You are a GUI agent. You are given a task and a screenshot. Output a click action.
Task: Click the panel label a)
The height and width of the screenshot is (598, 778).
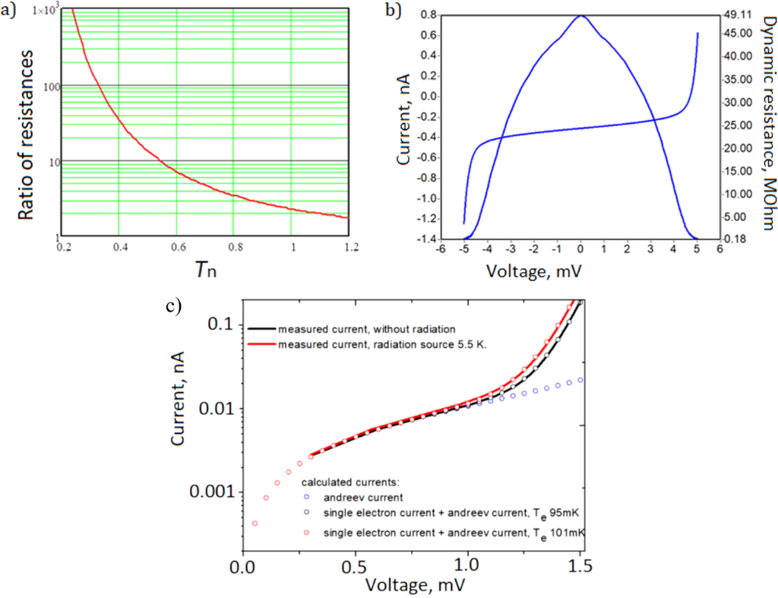pos(10,11)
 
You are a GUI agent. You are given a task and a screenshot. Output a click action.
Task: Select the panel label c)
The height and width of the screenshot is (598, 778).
pos(175,306)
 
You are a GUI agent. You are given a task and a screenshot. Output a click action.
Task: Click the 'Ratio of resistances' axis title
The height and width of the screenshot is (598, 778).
pos(28,125)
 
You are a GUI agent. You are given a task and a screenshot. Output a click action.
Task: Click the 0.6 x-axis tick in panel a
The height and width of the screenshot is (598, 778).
pos(176,248)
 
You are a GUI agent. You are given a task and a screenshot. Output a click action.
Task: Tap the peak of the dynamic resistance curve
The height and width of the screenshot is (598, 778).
pos(580,15)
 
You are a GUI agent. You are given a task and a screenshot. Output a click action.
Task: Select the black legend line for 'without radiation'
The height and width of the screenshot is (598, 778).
pos(261,328)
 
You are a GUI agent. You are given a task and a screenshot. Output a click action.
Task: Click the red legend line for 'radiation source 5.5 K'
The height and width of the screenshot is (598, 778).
pos(261,344)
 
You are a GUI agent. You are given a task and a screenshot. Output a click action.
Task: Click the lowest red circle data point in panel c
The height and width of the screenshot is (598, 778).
pos(255,524)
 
